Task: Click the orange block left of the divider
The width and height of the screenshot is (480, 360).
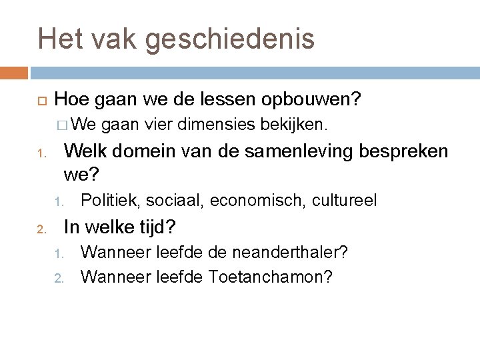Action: [13, 71]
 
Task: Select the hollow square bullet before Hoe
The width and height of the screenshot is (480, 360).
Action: [40, 100]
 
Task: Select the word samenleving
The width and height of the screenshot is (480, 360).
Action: [293, 151]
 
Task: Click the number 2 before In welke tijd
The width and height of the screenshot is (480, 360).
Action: [40, 230]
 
